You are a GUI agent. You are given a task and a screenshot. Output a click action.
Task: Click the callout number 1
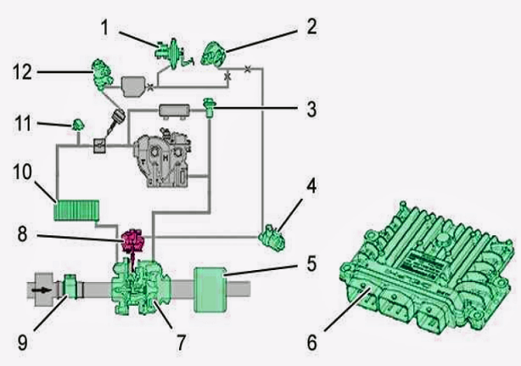(x=104, y=27)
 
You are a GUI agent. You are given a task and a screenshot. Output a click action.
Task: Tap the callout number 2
(x=311, y=26)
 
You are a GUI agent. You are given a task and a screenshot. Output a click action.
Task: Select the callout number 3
(x=311, y=109)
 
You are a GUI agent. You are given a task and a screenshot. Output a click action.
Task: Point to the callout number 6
(x=311, y=342)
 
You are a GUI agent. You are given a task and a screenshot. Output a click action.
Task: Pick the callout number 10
(x=23, y=172)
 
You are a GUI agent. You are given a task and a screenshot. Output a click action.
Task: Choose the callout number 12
(x=23, y=71)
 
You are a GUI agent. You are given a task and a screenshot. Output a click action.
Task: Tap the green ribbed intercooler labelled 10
(x=76, y=211)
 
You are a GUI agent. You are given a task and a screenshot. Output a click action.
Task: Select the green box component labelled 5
(x=210, y=290)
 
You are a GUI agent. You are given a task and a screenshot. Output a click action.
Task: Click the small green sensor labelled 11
(x=78, y=125)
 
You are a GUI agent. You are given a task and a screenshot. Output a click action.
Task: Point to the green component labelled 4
(x=272, y=238)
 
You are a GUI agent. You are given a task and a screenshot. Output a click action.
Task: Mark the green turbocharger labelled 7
(x=142, y=288)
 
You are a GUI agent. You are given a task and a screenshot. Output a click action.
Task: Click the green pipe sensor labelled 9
(x=70, y=287)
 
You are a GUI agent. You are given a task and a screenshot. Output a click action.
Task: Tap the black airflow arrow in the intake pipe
(x=42, y=290)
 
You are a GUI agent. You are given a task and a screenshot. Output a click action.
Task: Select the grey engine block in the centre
(x=162, y=158)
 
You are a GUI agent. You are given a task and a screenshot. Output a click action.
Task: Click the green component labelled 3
(x=210, y=108)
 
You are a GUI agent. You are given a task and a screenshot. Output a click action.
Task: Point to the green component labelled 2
(x=214, y=54)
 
